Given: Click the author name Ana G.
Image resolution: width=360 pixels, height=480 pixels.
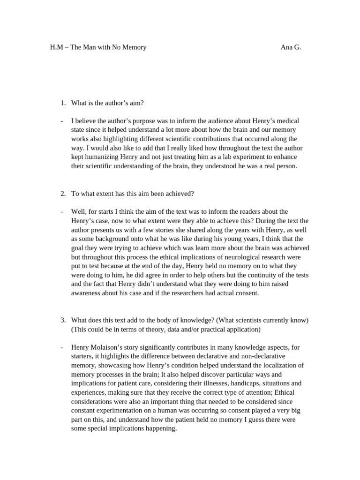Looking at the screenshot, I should [291, 47].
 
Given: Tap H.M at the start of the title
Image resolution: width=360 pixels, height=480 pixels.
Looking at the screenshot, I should [56, 47].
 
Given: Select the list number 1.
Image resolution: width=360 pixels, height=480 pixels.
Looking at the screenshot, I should [63, 103].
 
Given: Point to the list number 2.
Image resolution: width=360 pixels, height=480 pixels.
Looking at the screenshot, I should [63, 193].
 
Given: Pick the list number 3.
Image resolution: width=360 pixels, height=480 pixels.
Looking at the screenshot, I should [63, 320].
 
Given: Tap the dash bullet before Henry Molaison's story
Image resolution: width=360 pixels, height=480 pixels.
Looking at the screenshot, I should [62, 347].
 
